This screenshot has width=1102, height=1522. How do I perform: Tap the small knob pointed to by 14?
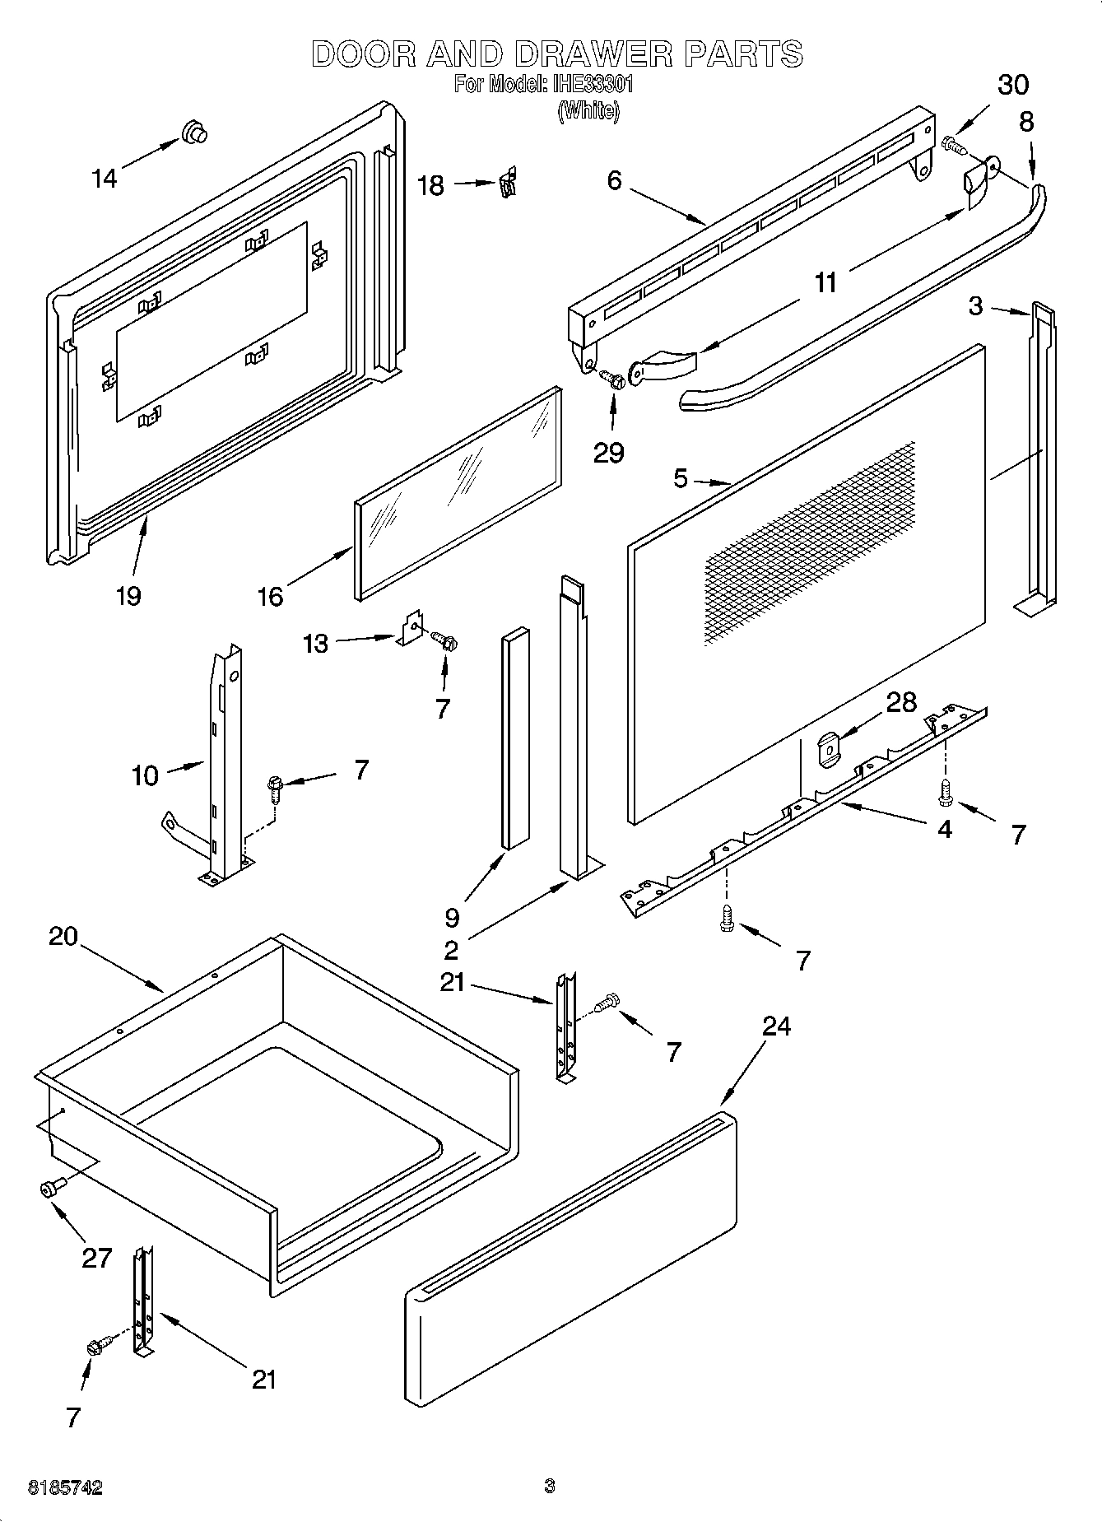coord(194,133)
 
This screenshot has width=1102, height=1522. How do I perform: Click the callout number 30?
coord(1013,84)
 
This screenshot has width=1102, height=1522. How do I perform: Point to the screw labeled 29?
coord(611,379)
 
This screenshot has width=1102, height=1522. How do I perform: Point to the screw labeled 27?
coord(51,1187)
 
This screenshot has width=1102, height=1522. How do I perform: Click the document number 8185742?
coord(66,1487)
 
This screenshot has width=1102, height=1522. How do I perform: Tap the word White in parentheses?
coord(588,110)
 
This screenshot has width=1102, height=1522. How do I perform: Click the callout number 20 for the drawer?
coord(63,937)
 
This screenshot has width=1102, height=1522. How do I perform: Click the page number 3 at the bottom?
coord(550,1486)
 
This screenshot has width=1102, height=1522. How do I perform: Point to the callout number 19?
coord(128,595)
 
